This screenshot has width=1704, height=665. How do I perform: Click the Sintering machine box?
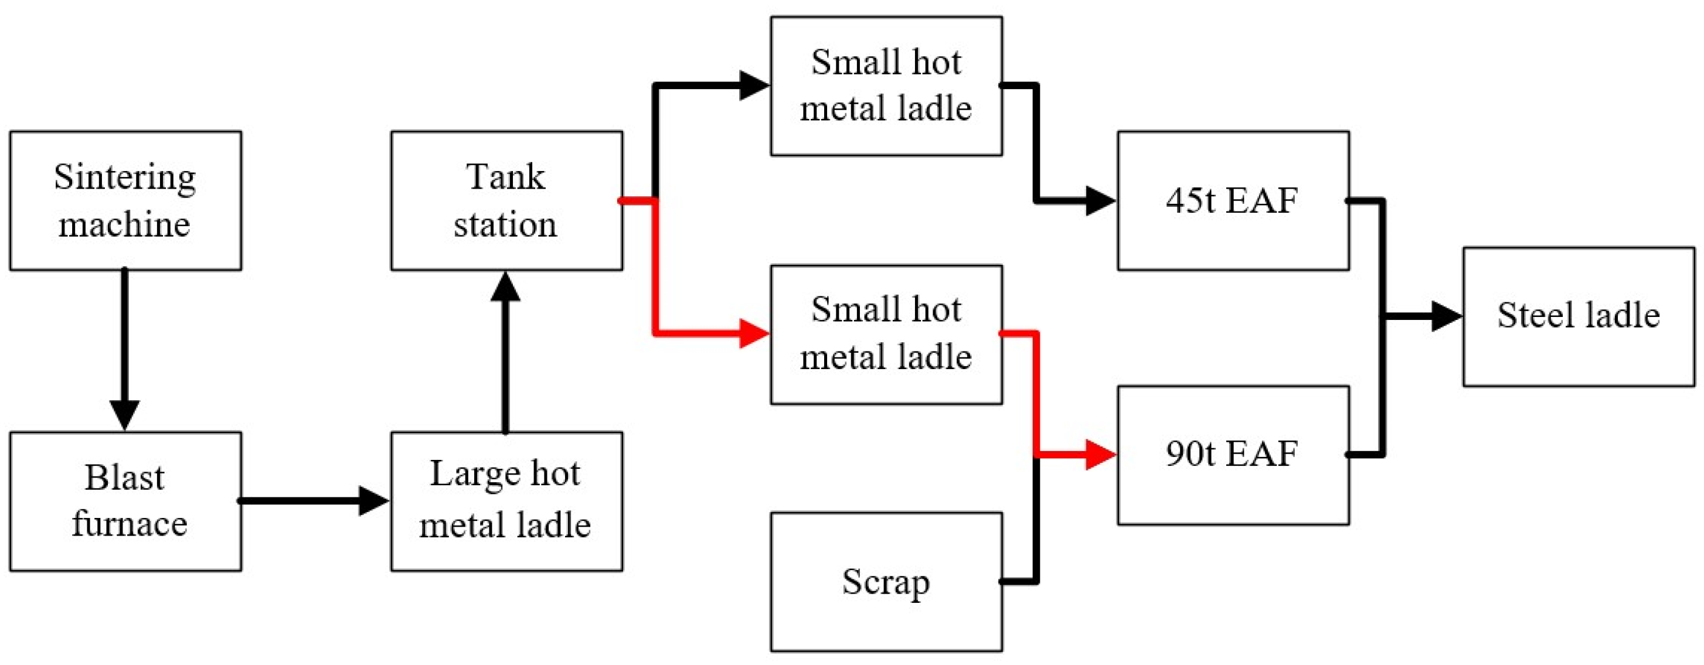(125, 200)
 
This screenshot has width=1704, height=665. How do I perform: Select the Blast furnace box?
(125, 501)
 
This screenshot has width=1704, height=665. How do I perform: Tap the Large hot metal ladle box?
(506, 501)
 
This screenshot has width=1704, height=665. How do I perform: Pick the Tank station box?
(506, 200)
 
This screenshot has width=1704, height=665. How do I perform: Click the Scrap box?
(886, 582)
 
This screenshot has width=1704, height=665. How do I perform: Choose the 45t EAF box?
(1233, 200)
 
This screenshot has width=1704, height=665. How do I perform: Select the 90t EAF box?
(1233, 455)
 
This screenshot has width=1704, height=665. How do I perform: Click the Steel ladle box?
(1579, 316)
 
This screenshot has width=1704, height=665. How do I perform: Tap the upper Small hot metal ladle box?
(886, 86)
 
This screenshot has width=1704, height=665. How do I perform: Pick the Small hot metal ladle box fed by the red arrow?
(886, 335)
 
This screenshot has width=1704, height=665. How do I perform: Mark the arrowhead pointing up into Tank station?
(505, 287)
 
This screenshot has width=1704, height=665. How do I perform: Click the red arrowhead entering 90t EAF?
(1101, 455)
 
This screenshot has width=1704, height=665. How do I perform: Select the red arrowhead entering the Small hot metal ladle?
(754, 333)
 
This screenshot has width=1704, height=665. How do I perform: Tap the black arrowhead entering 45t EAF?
(1101, 200)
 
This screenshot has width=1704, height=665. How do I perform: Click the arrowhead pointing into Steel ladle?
(1446, 316)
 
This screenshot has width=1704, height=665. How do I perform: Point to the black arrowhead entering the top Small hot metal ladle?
(754, 86)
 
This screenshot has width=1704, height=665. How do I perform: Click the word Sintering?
(125, 177)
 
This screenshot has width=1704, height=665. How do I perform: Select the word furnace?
(130, 525)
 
